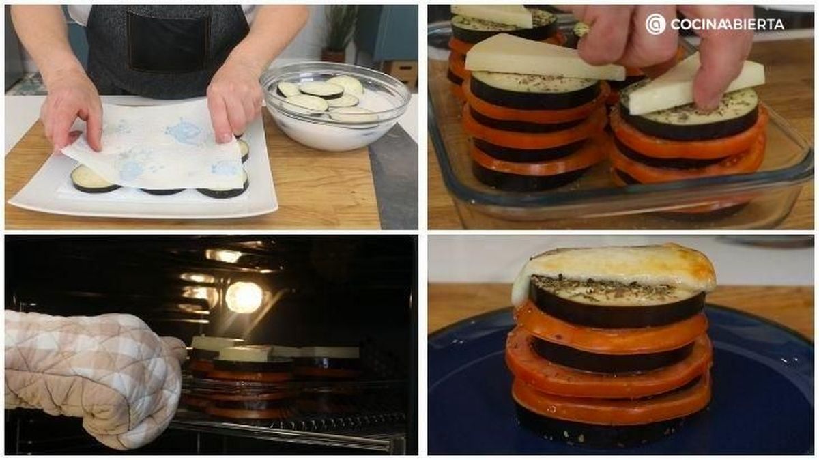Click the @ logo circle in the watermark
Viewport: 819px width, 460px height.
coord(656,25)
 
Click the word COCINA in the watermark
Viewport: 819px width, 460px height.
coord(698,25)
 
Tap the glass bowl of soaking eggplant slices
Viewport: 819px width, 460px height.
coord(335,106)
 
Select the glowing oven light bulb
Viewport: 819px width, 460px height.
coord(244,297)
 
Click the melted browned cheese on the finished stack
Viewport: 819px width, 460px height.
coord(614,270)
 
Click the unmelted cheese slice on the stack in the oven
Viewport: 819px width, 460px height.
coord(244,354)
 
